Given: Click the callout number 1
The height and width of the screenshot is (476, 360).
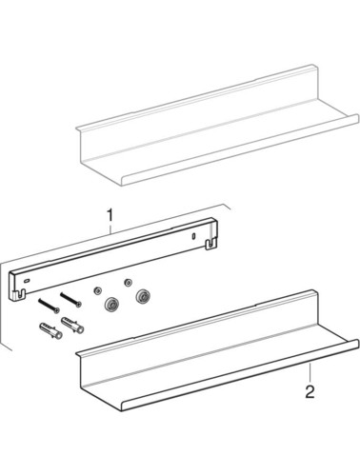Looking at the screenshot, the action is (110, 216).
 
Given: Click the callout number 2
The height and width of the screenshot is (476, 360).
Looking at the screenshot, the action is (310, 391).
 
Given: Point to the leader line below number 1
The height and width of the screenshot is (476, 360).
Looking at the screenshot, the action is (110, 228).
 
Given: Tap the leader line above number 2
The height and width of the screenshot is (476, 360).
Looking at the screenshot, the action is (310, 373).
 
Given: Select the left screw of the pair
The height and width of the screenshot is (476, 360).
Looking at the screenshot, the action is (49, 306).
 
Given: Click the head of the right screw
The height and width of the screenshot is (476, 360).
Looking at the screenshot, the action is (78, 305).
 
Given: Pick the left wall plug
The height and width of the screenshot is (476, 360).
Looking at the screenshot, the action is (50, 330).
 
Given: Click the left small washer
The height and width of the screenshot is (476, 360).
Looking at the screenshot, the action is (96, 290).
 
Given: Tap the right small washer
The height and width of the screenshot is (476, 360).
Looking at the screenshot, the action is (128, 282).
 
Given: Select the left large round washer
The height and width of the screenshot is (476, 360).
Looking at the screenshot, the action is (110, 305).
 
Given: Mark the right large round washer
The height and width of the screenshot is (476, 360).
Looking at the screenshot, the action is (142, 297).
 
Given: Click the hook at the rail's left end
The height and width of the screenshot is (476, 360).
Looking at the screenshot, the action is (19, 294).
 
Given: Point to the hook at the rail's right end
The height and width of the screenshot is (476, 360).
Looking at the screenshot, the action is (211, 245).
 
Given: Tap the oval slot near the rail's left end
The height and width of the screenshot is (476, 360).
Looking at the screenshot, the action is (27, 281).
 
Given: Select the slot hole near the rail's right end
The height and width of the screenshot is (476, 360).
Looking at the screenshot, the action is (193, 236).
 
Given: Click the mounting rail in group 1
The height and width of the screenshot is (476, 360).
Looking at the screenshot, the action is (113, 259).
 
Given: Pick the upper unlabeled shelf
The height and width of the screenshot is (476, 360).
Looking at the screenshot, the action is (218, 126).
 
